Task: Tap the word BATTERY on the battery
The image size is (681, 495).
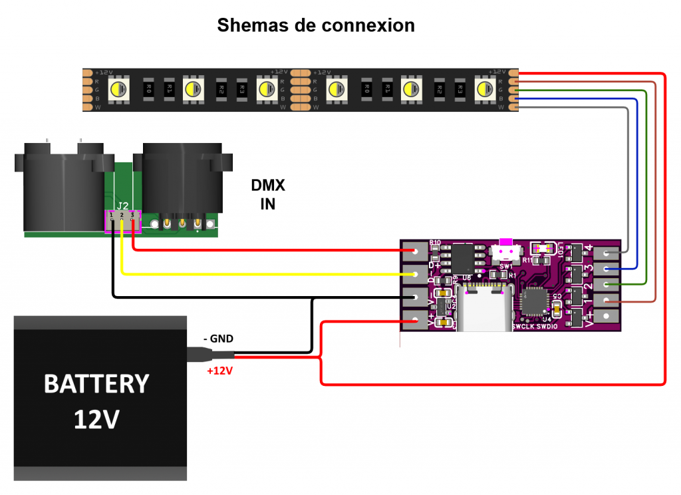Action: pyautogui.click(x=96, y=384)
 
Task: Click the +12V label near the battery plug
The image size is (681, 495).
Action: pyautogui.click(x=219, y=371)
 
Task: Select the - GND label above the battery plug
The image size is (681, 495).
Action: pyautogui.click(x=218, y=339)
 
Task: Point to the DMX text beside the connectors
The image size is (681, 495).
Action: pyautogui.click(x=268, y=185)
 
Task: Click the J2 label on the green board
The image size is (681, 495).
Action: pyautogui.click(x=122, y=205)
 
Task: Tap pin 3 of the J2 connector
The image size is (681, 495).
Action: pyautogui.click(x=133, y=217)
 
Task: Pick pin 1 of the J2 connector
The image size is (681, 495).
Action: pyautogui.click(x=111, y=217)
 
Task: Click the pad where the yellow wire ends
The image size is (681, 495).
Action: pyautogui.click(x=415, y=274)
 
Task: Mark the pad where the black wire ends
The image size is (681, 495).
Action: pyautogui.click(x=415, y=297)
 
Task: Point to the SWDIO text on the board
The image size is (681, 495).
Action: pyautogui.click(x=548, y=327)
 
